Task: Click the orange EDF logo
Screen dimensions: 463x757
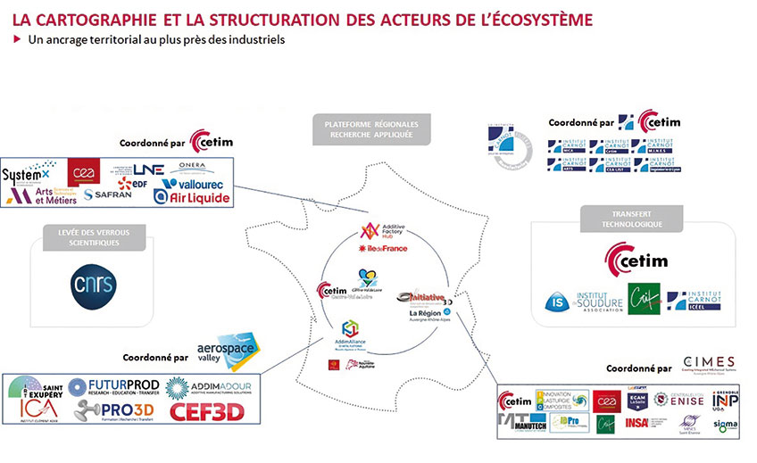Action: tap(130, 183)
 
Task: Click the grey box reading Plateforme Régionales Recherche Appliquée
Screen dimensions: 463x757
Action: tap(371, 129)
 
